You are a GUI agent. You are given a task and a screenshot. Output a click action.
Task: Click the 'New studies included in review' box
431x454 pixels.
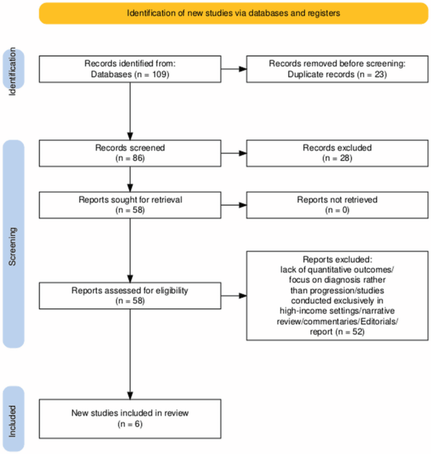[129, 419]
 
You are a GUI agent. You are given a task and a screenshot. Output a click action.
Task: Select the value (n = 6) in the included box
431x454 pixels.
[129, 424]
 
